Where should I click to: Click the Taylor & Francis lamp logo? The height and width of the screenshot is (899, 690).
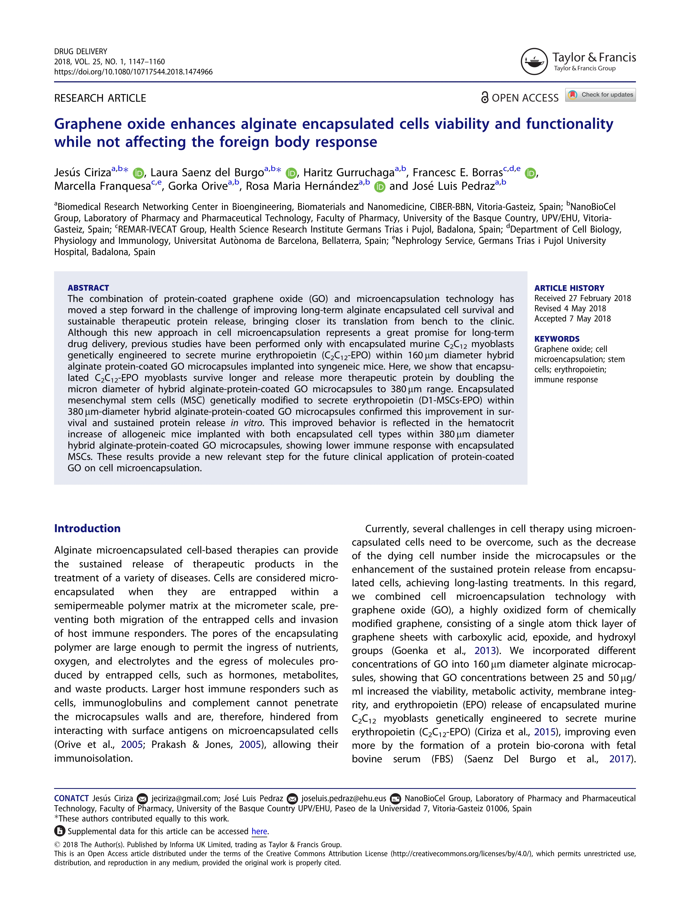coord(534,62)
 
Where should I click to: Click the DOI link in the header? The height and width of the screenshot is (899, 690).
coord(133,72)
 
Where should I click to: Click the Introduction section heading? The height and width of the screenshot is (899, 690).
coord(88,528)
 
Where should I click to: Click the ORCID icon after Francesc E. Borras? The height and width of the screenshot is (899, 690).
coord(531,173)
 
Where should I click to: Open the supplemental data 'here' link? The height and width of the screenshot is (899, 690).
coord(259,831)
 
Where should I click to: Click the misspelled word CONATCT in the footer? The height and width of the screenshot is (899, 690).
coord(71,798)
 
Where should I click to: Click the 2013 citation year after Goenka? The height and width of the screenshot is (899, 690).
coord(485,651)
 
